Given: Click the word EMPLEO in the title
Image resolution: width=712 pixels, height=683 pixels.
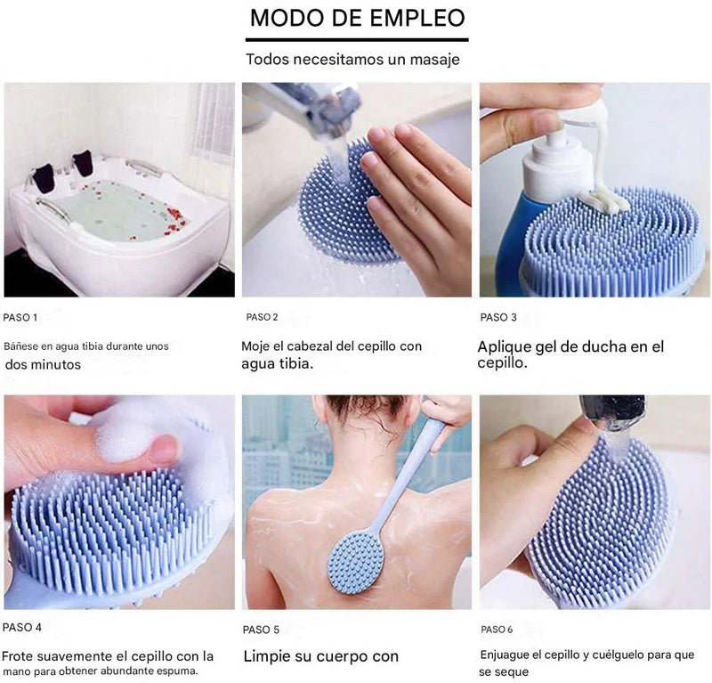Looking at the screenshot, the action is (x=417, y=18).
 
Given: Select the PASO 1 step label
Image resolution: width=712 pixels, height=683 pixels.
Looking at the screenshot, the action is (x=20, y=318).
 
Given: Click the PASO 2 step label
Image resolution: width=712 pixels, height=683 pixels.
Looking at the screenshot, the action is (x=262, y=317).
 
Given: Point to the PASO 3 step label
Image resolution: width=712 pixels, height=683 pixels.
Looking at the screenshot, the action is (x=498, y=318).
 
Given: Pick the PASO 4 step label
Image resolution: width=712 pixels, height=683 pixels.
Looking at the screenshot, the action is (x=21, y=627).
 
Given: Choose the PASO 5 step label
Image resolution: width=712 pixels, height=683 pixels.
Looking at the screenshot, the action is (x=261, y=630).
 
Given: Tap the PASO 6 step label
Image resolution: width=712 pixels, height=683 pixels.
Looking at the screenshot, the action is (x=497, y=630).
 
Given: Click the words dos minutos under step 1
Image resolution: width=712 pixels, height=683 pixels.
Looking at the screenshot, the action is (x=43, y=364).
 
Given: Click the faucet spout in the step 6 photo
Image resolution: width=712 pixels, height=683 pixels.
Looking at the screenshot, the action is (x=613, y=412).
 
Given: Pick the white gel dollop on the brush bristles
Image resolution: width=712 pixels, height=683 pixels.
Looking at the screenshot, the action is (x=603, y=199).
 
